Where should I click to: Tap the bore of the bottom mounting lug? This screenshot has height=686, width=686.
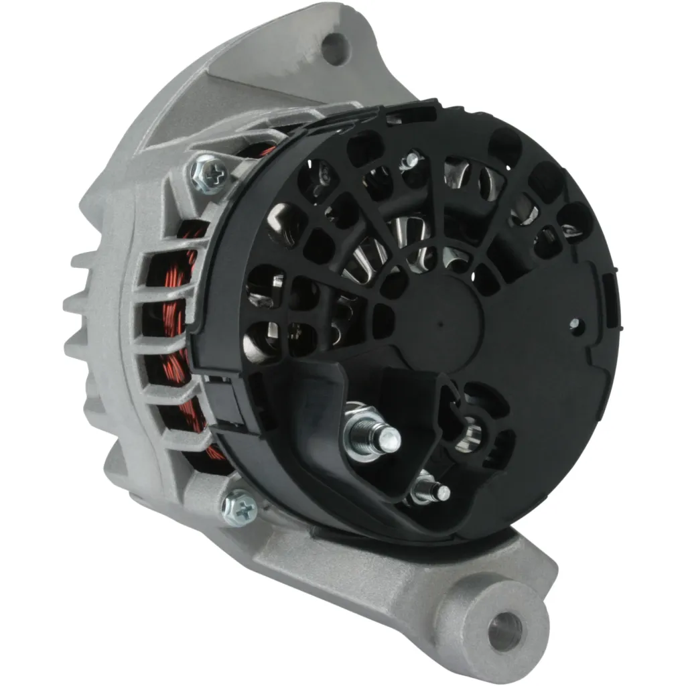pos(504,628)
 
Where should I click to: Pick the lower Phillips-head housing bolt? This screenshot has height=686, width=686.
pos(241,508)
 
